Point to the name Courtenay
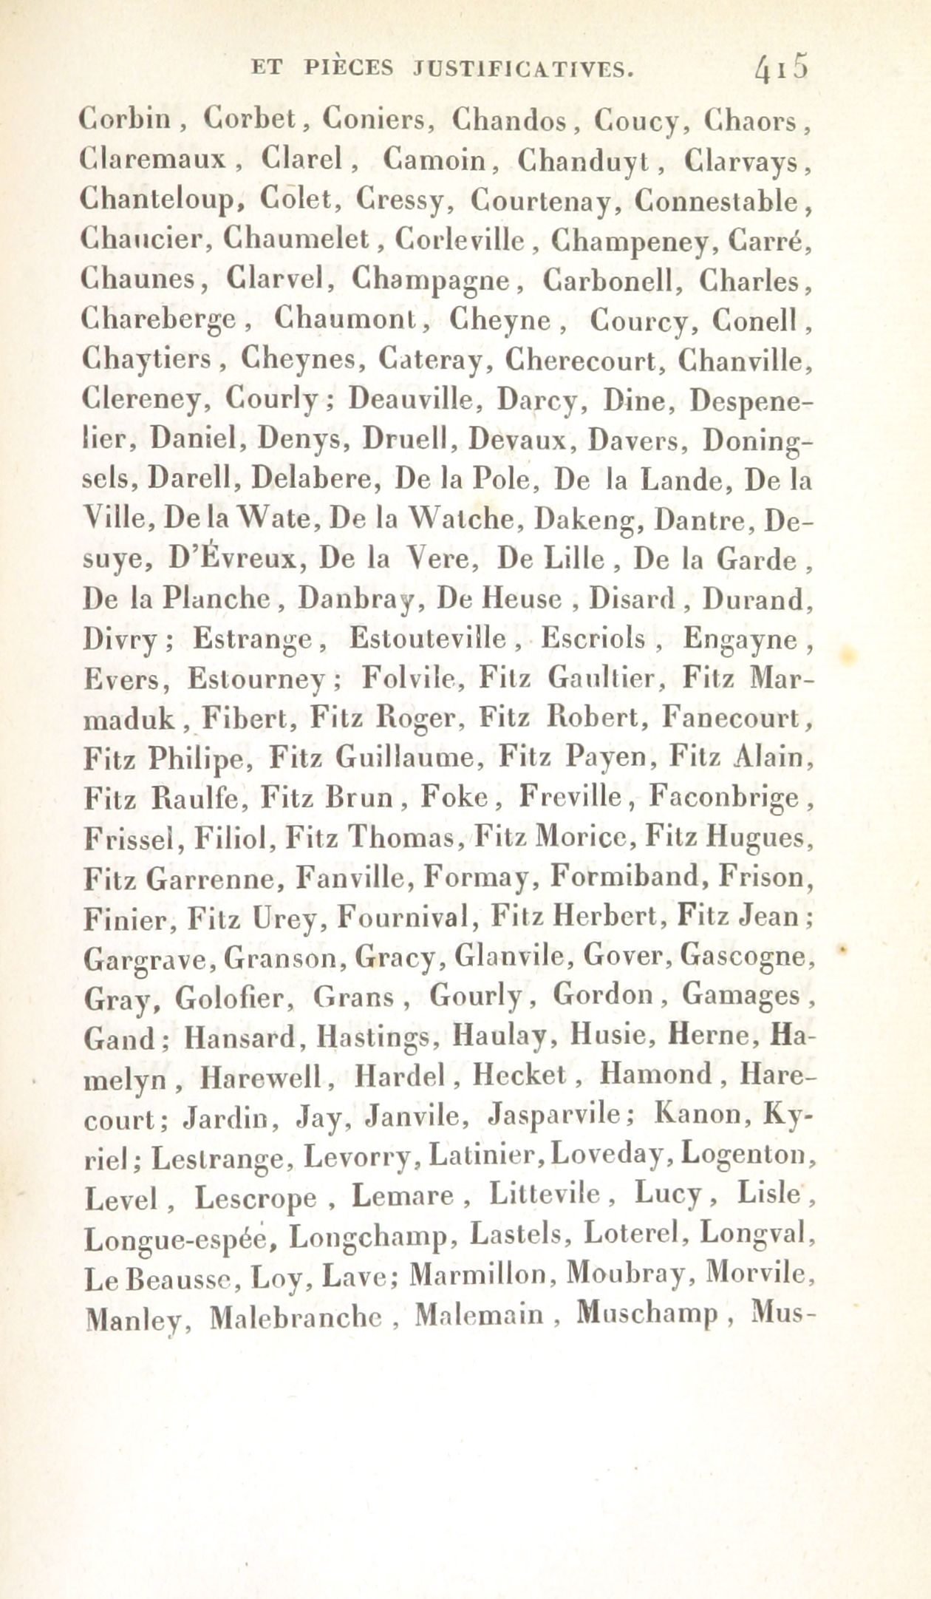tap(545, 199)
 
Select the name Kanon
tap(697, 1118)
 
